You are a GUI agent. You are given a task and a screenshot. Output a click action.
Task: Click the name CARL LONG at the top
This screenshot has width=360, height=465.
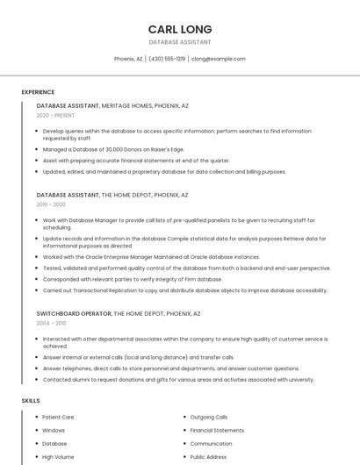179,29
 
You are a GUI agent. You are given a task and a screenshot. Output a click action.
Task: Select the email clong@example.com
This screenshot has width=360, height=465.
218,59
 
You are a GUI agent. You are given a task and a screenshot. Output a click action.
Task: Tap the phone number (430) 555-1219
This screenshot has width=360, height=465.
167,59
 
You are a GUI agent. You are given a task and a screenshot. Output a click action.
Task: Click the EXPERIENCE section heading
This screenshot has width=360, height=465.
38,92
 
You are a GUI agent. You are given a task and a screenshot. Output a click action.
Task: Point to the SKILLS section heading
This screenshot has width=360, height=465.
31,400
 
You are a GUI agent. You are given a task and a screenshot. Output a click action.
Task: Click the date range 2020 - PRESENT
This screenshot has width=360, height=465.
55,115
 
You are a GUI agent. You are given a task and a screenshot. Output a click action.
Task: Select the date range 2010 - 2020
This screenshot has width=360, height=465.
51,204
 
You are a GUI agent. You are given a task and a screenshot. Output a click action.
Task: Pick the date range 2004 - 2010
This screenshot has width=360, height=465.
51,323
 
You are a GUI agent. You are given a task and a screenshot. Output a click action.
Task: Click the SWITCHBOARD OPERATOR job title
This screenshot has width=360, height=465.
74,313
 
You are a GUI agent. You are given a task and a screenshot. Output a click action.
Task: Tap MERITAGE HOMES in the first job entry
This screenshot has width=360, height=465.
126,105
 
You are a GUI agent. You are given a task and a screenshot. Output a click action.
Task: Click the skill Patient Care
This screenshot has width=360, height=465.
58,418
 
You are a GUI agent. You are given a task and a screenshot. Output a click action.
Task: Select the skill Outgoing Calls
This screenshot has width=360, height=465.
208,418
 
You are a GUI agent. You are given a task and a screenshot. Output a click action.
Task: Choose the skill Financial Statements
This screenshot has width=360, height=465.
217,431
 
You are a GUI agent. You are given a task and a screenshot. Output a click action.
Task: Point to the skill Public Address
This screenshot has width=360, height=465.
208,457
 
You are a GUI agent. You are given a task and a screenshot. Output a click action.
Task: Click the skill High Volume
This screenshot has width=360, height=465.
58,457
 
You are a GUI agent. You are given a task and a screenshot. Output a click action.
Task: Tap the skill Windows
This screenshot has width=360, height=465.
54,431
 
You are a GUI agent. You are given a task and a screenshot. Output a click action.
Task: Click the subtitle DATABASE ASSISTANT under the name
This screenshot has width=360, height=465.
179,41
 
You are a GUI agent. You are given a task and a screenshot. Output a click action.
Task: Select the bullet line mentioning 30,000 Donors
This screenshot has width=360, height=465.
113,149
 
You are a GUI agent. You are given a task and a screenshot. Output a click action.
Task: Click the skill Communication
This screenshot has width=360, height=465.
211,444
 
